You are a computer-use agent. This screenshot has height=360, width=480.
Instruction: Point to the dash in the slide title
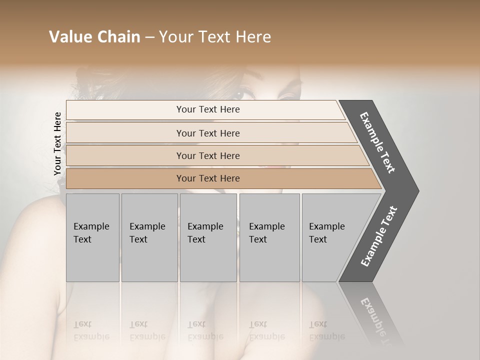(x=149, y=37)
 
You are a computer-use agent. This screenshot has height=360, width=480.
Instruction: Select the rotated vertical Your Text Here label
(x=57, y=143)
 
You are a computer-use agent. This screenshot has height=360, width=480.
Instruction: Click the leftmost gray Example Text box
(x=92, y=237)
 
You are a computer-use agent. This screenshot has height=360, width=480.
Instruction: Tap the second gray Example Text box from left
(x=149, y=237)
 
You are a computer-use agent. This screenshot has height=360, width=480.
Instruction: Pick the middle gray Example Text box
(x=208, y=237)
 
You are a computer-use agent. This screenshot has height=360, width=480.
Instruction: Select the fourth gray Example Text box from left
(x=269, y=237)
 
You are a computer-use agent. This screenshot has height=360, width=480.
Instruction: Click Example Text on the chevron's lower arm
(x=379, y=236)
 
